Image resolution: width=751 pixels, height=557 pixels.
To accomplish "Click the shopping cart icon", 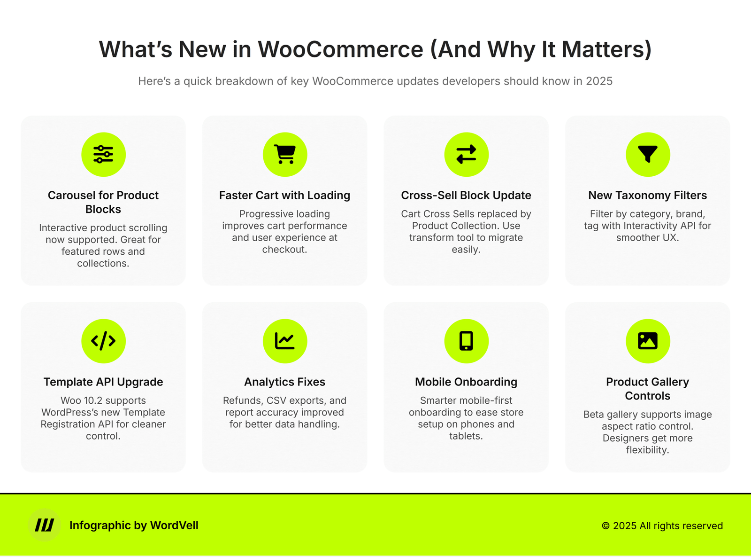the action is pos(285,154).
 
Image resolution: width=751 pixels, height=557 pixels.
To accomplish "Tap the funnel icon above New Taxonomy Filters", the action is pos(647,154).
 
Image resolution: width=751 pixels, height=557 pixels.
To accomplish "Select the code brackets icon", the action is pos(103,341).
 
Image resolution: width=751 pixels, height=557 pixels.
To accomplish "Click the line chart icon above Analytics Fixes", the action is pos(285,341).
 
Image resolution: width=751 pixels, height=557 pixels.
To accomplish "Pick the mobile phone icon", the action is pos(466,341).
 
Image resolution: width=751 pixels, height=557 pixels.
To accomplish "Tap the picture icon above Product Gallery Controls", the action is pos(647,341).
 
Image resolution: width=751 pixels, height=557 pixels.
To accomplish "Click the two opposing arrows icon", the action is pos(466,154).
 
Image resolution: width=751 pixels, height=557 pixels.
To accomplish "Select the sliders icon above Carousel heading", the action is pos(103,154).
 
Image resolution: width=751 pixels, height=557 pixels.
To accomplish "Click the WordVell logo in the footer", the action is pos(44,525).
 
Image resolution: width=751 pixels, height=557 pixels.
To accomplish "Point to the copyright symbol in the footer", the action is pos(605,526).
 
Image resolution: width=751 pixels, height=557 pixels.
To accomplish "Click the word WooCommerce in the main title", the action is pos(340,49).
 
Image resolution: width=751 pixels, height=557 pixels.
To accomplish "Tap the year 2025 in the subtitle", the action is pos(599,81).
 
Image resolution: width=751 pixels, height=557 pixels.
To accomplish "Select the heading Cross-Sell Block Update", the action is pos(466,196).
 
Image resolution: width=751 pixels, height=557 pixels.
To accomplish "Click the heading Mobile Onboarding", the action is pos(466,382).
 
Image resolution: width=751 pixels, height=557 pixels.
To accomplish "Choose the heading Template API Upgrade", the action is pos(103,382).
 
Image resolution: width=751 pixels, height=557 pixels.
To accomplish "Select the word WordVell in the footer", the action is pos(174,526).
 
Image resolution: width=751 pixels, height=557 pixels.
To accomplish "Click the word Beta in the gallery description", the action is pos(594,414).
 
